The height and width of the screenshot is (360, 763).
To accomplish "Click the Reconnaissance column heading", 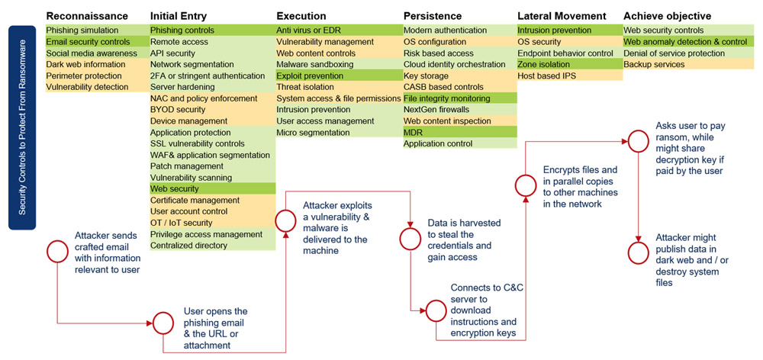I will click(87, 16).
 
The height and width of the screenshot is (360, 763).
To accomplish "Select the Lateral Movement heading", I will click(561, 16).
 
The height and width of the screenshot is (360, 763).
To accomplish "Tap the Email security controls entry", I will click(88, 42).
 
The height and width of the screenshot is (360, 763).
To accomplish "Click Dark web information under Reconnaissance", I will click(85, 65).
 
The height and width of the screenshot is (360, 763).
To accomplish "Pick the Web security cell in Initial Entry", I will click(175, 188).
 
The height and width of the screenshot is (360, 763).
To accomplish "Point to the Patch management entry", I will click(187, 166).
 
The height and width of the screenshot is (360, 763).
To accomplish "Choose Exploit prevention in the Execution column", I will click(309, 76).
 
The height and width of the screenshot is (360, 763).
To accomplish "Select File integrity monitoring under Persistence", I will click(446, 98).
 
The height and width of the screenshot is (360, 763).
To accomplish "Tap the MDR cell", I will click(413, 133).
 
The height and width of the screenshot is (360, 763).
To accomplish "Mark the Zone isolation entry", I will click(543, 65).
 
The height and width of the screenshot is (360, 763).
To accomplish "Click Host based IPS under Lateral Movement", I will click(546, 76).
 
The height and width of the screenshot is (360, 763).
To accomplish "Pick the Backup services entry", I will click(654, 65).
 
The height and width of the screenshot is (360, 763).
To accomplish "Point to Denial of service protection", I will click(674, 53).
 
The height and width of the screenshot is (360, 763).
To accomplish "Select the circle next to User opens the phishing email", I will click(163, 322).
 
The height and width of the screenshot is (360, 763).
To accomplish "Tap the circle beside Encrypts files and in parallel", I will click(526, 185).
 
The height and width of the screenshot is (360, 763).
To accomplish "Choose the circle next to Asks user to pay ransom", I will click(638, 140).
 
